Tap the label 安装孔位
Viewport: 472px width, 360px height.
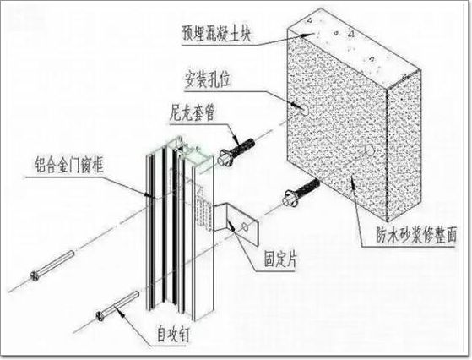click(x=208, y=79)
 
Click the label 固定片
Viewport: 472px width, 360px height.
click(x=280, y=259)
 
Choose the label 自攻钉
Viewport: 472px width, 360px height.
click(x=173, y=334)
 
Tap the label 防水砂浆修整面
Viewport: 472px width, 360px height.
click(x=416, y=235)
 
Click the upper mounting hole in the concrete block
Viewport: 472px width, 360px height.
click(x=305, y=111)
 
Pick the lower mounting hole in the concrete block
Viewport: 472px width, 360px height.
click(x=369, y=150)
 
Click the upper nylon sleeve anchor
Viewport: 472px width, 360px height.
click(x=236, y=151)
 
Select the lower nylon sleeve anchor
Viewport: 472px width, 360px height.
click(x=301, y=192)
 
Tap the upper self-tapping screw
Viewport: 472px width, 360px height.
click(x=52, y=265)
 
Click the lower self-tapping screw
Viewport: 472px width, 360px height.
click(x=117, y=306)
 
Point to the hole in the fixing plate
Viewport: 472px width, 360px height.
click(x=246, y=226)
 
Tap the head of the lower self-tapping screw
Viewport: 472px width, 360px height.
click(x=100, y=316)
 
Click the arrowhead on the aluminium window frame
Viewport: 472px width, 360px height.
click(x=148, y=194)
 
